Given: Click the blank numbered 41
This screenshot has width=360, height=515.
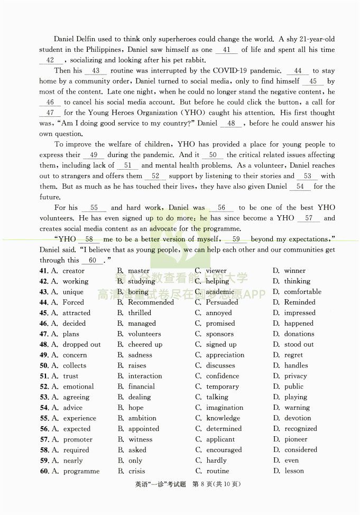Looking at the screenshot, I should [x=227, y=50].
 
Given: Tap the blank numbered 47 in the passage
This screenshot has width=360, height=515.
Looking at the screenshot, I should [x=50, y=113].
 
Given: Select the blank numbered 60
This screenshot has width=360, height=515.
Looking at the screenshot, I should [x=93, y=260].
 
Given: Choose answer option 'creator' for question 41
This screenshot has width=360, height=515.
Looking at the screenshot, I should [x=73, y=271].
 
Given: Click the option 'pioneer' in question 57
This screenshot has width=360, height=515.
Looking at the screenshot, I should [x=296, y=439].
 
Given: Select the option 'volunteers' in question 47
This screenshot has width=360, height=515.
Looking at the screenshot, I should [x=144, y=334].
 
